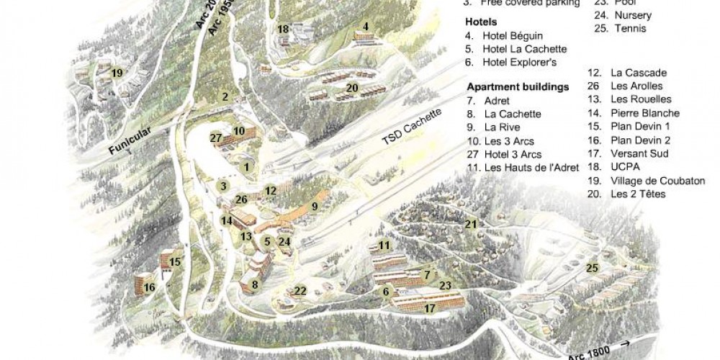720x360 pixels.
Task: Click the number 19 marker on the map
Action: pyautogui.click(x=117, y=72)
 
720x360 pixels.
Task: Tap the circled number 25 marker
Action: pyautogui.click(x=593, y=268)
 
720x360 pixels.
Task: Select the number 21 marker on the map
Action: pyautogui.click(x=471, y=224)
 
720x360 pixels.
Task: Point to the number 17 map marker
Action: pyautogui.click(x=430, y=308)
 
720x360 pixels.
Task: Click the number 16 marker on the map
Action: pyautogui.click(x=150, y=287)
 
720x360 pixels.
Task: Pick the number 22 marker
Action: pyautogui.click(x=300, y=291)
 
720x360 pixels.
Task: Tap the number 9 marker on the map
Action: pyautogui.click(x=315, y=207)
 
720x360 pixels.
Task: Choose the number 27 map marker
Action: pyautogui.click(x=215, y=137)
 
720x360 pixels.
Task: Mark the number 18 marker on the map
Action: pyautogui.click(x=283, y=29)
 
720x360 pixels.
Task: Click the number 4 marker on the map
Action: pyautogui.click(x=366, y=27)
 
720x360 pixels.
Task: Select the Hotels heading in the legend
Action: pyautogui.click(x=480, y=22)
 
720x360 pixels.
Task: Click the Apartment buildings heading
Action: pyautogui.click(x=517, y=87)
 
